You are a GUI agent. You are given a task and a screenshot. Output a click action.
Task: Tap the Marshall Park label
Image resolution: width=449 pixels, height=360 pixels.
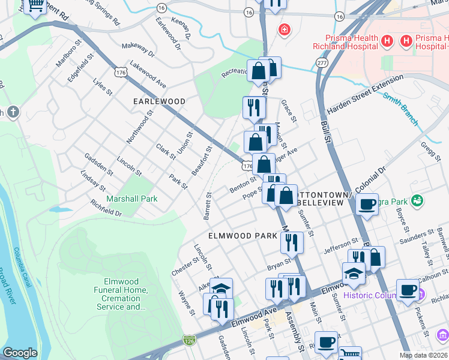point(131,199)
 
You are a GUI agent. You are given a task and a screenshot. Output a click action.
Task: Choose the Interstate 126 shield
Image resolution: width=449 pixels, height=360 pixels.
point(190,341)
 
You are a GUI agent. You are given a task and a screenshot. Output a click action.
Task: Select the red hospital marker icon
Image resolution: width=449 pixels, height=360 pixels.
point(283,29)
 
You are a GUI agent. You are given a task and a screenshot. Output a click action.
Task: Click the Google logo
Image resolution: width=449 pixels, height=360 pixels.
point(20,353)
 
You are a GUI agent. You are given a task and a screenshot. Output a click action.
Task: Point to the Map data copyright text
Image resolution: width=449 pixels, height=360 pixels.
point(424,355)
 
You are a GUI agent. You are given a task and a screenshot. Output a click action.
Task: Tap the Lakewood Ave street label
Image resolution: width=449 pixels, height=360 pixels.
point(148,72)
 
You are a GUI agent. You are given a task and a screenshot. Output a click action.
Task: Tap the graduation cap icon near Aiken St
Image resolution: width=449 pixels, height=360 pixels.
point(221,289)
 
